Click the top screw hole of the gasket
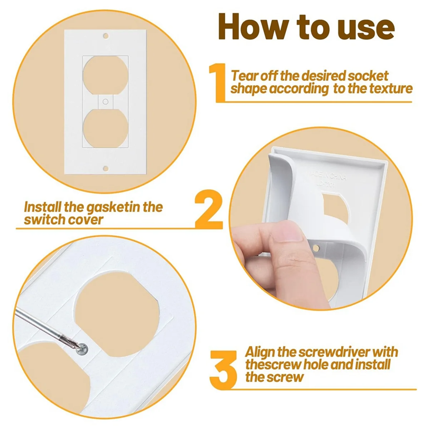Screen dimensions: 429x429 (105, 36)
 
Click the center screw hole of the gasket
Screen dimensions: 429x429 (105, 102)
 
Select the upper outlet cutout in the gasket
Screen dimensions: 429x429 (105, 75)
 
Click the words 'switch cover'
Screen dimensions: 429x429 (64, 220)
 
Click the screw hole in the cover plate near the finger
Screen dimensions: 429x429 (315, 247)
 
